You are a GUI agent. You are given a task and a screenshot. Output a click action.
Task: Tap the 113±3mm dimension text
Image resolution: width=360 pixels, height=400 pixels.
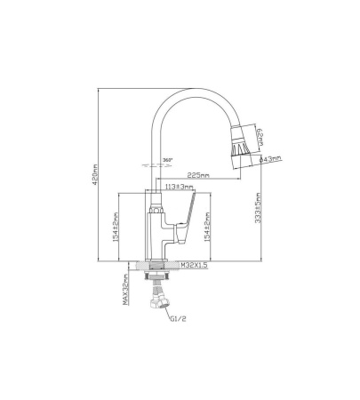[180, 187]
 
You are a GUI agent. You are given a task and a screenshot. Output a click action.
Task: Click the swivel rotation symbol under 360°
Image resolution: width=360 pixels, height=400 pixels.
[152, 166]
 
